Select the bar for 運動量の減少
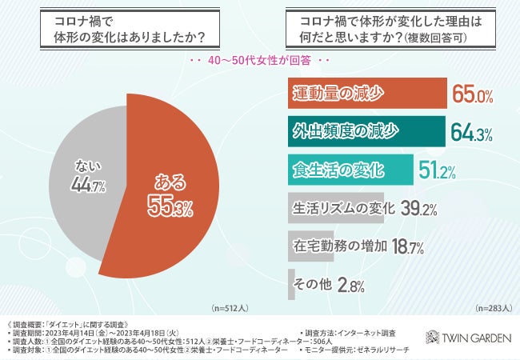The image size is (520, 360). click(x=366, y=94)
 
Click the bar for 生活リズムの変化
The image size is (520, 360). click(x=335, y=209)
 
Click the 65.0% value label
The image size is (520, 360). click(x=473, y=95)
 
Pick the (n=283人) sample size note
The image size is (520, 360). click(x=494, y=308)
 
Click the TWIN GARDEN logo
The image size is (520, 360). click(x=467, y=338)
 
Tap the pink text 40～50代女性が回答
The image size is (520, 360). click(x=261, y=61)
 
